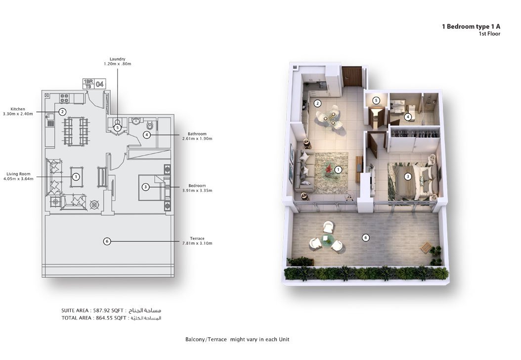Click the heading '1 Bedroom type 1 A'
coord(471,27)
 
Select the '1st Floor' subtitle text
coord(489,34)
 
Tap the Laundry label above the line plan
coord(117,59)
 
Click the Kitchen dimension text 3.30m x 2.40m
coord(21,114)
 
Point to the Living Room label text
coord(19,174)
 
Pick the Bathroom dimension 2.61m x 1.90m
coord(197,139)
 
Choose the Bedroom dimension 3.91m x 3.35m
coord(197,190)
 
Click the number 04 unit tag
coord(99,84)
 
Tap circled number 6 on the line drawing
coord(107,241)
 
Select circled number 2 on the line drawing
coord(63,112)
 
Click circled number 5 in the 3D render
coord(376,100)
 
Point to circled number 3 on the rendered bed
coord(408,177)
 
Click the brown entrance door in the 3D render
coord(351,77)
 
